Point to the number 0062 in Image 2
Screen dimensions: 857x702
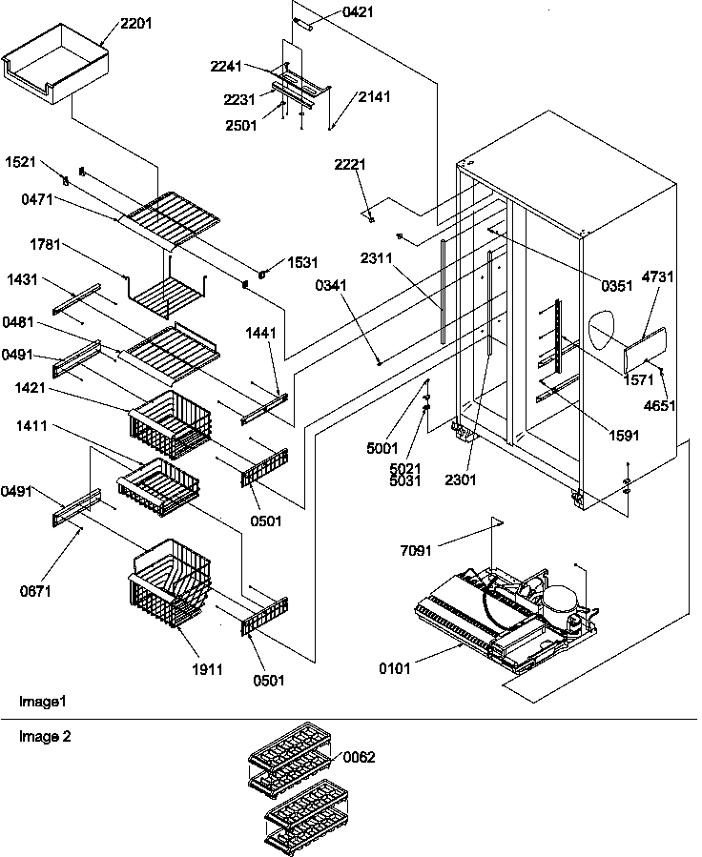pyautogui.click(x=359, y=757)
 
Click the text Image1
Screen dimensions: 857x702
pyautogui.click(x=43, y=701)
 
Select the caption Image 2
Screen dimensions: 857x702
pyautogui.click(x=45, y=736)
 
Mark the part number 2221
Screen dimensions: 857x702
pyautogui.click(x=350, y=165)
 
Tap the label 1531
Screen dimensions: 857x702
pyautogui.click(x=301, y=262)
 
